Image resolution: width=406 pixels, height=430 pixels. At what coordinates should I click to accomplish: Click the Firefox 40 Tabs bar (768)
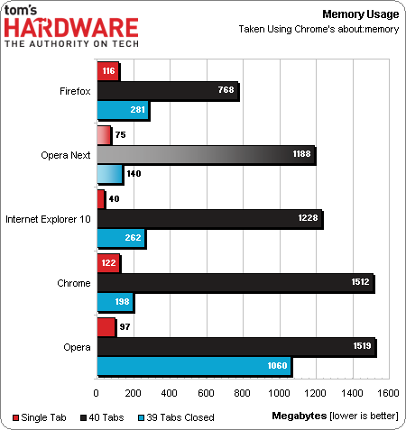click(x=167, y=90)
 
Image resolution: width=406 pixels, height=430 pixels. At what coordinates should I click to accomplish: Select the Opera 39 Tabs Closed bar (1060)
click(x=193, y=366)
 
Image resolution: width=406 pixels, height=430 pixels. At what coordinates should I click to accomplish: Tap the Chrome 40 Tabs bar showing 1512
click(x=235, y=283)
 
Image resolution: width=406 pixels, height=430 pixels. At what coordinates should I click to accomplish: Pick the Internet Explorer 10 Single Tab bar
click(x=100, y=199)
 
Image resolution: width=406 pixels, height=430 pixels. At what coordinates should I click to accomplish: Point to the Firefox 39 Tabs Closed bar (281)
click(x=122, y=111)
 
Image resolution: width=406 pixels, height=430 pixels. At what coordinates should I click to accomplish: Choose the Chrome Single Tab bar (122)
click(x=107, y=263)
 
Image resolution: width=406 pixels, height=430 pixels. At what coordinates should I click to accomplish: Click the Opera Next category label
click(x=65, y=155)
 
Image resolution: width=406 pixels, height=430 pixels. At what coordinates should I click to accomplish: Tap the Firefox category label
click(x=73, y=90)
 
